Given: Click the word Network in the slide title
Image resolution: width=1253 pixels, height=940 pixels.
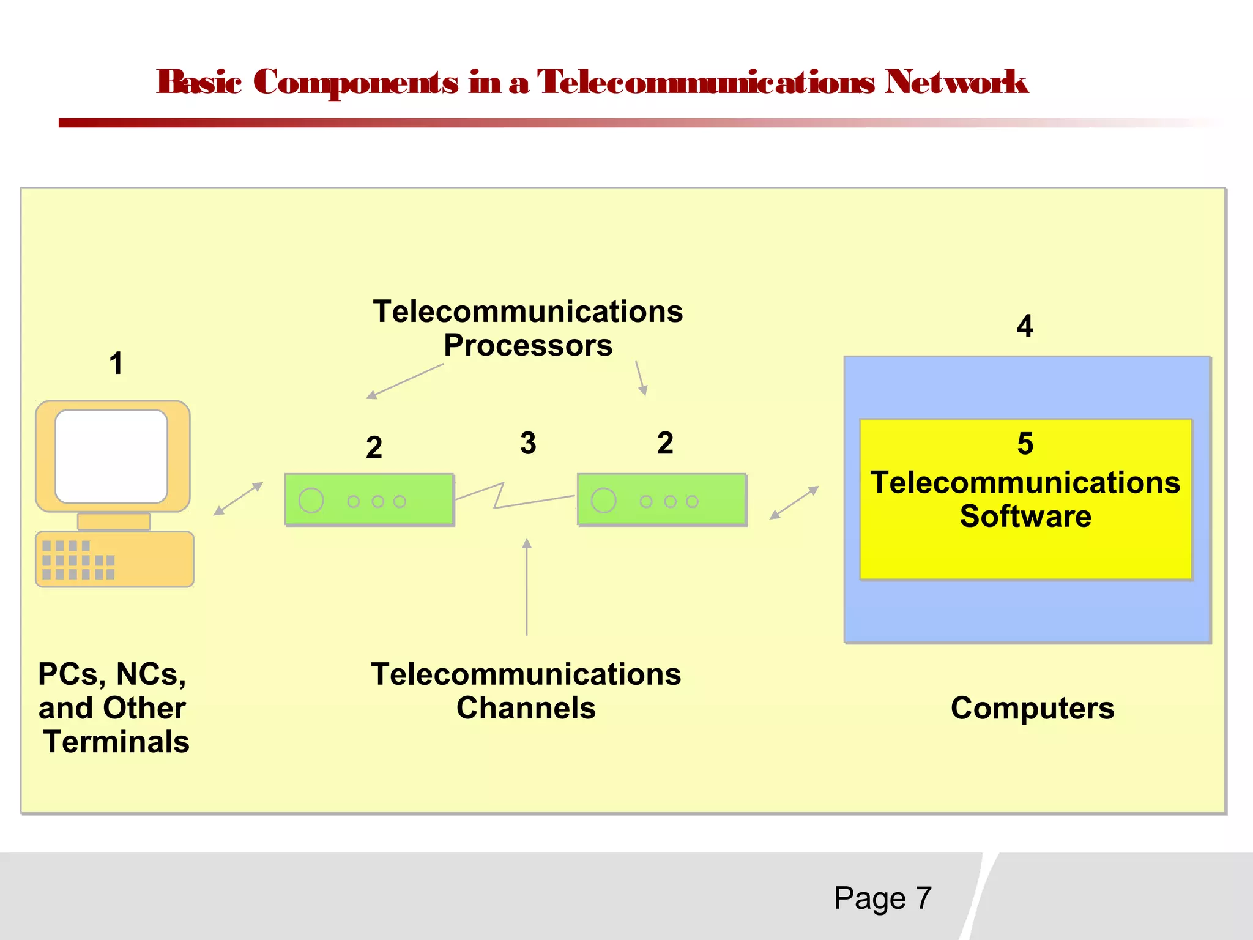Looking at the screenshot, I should coord(956,82).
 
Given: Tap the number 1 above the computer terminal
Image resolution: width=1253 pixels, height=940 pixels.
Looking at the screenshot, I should coord(116,363).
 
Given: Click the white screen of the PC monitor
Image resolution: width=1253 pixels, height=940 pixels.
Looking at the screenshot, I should coord(111,456).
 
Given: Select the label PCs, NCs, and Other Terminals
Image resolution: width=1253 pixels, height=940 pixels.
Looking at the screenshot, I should coord(113,707).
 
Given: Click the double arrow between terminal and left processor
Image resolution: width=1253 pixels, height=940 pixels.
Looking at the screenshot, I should coord(238,499).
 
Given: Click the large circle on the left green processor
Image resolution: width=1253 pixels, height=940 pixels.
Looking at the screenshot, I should coord(311,501).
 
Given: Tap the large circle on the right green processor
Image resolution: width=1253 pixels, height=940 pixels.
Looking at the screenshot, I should coord(603,501).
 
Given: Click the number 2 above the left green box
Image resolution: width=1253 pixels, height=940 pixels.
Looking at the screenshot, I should coord(374,447).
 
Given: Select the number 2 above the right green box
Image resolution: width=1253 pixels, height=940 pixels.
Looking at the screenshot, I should coord(665,442).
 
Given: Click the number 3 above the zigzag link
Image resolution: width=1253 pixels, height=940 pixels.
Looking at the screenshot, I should coord(528,442).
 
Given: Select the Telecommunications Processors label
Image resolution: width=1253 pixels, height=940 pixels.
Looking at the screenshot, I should coord(527,328).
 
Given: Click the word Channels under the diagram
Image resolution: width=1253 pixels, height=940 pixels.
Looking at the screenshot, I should coord(526,708).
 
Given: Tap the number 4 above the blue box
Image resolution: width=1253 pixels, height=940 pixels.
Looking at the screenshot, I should coord(1025,326).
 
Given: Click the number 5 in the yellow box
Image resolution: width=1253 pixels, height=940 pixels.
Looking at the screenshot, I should coord(1025,443).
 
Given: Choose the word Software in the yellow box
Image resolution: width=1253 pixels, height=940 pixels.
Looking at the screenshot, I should coord(1025,516).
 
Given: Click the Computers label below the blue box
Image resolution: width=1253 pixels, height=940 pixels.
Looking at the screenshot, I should coord(1032,708).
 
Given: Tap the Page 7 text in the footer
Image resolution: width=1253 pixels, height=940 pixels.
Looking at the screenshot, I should coord(882,898).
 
